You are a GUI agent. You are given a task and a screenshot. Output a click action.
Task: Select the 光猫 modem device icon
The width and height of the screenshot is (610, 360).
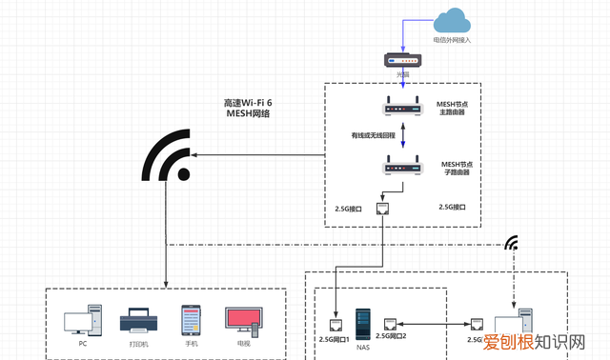coord(402,59)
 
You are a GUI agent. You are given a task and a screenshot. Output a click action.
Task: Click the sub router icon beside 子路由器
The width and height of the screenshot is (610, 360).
coord(402,170)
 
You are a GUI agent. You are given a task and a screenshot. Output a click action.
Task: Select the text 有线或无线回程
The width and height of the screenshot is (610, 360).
coord(376,136)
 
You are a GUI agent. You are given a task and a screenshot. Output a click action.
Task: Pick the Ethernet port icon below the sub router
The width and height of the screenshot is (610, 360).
coord(383,209)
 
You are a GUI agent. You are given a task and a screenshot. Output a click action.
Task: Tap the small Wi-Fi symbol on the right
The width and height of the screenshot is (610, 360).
coord(514,243)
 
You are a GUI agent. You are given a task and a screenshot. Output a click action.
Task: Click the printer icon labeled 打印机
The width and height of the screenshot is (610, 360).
coord(134,322)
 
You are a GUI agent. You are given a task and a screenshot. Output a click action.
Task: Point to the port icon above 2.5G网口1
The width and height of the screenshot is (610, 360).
coord(336,323)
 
